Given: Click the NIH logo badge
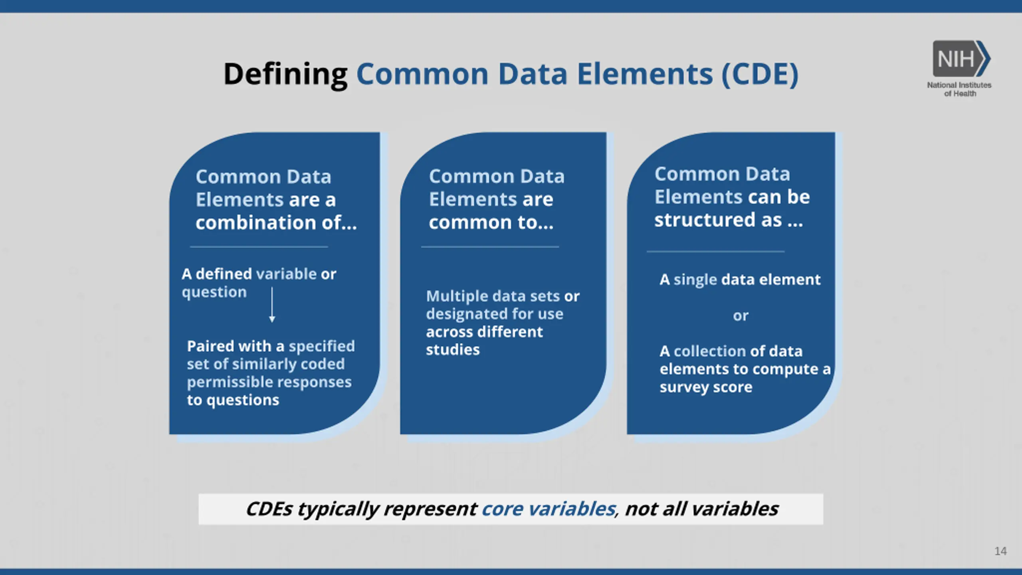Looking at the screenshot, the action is (961, 59).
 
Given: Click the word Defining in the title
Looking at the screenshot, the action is (285, 75).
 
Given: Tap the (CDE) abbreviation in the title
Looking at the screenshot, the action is (760, 74).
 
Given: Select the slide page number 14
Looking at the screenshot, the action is (1000, 551).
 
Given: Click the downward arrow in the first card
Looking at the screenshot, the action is (272, 305).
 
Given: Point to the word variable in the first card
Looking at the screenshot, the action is (286, 274).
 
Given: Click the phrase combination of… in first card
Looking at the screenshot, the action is (276, 222).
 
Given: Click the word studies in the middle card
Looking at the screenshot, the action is (453, 350).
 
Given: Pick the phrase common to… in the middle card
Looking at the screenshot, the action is (491, 222).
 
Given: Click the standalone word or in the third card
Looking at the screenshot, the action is (741, 316).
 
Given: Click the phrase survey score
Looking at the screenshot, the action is (706, 387).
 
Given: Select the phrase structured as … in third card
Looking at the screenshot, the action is (729, 220).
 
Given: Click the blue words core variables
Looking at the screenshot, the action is (549, 509).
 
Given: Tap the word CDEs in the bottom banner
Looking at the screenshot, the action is (269, 509).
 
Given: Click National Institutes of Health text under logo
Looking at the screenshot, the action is (959, 89).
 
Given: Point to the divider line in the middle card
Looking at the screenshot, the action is (490, 247).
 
